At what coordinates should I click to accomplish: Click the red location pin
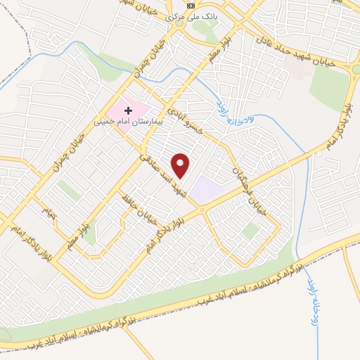(x=181, y=164)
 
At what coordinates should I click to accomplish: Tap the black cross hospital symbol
(x=128, y=110)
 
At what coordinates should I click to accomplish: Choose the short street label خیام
(x=48, y=211)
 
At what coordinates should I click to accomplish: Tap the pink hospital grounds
(x=127, y=110)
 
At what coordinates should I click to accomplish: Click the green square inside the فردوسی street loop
(x=250, y=230)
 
